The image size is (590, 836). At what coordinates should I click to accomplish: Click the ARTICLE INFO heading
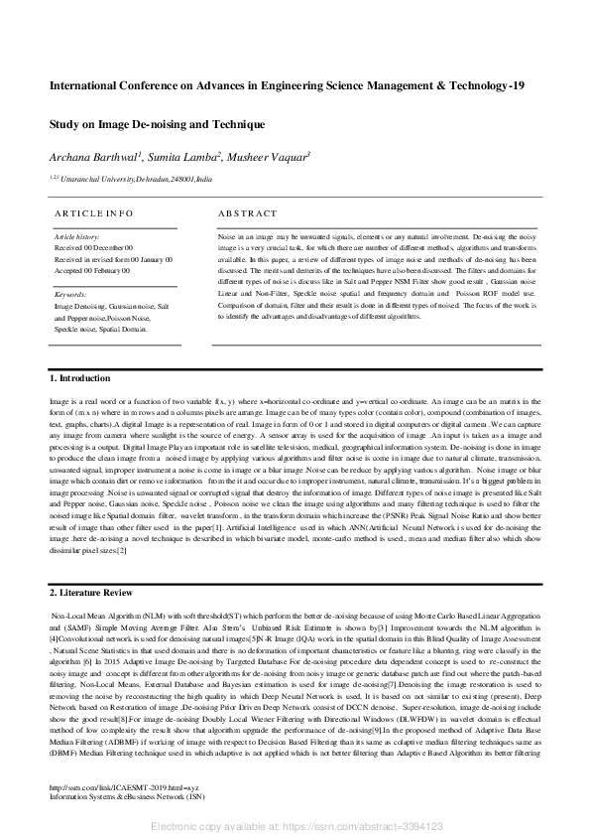pos(92,212)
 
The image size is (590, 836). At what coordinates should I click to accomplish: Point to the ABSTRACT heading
pos(249,212)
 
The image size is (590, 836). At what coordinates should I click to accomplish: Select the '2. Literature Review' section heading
pos(92,593)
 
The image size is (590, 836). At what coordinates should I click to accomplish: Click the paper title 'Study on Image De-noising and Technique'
pos(157,125)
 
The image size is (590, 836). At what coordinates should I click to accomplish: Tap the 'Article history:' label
pos(77,237)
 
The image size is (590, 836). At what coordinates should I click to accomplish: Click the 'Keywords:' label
pos(70,295)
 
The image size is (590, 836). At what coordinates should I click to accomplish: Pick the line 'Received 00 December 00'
pos(93,247)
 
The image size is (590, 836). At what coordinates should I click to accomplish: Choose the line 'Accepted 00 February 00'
pos(93,268)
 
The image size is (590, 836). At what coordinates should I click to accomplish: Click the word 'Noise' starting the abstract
pos(227,239)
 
